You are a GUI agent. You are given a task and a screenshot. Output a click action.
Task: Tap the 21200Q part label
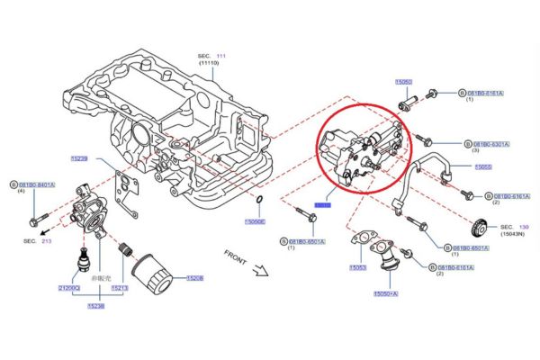(69, 288)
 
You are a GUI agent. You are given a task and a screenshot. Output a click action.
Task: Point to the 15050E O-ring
(260, 198)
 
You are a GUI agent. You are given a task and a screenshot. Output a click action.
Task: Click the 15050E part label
(255, 221)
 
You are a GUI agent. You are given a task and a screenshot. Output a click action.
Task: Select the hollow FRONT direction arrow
(262, 267)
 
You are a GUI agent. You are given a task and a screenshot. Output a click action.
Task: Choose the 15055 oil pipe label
(483, 167)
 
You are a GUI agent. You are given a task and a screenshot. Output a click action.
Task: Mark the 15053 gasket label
(358, 267)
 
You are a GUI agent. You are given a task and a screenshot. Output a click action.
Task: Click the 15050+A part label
(385, 293)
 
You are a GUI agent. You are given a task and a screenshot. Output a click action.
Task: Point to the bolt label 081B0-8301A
(490, 144)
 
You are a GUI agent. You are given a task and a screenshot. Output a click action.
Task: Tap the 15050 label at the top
(404, 82)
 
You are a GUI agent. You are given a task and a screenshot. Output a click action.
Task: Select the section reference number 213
(47, 242)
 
